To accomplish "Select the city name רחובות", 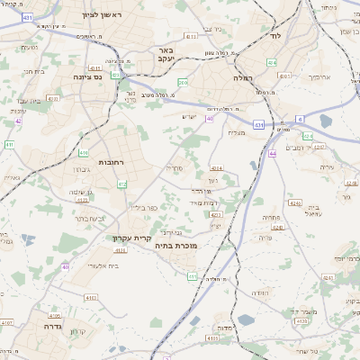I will coord(111,162).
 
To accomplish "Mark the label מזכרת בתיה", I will coord(175,245).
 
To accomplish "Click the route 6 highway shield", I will coord(300,119).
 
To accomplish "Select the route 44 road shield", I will coord(272,154).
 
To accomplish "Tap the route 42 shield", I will coord(18,120).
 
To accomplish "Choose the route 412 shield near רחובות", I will coord(121,184).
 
